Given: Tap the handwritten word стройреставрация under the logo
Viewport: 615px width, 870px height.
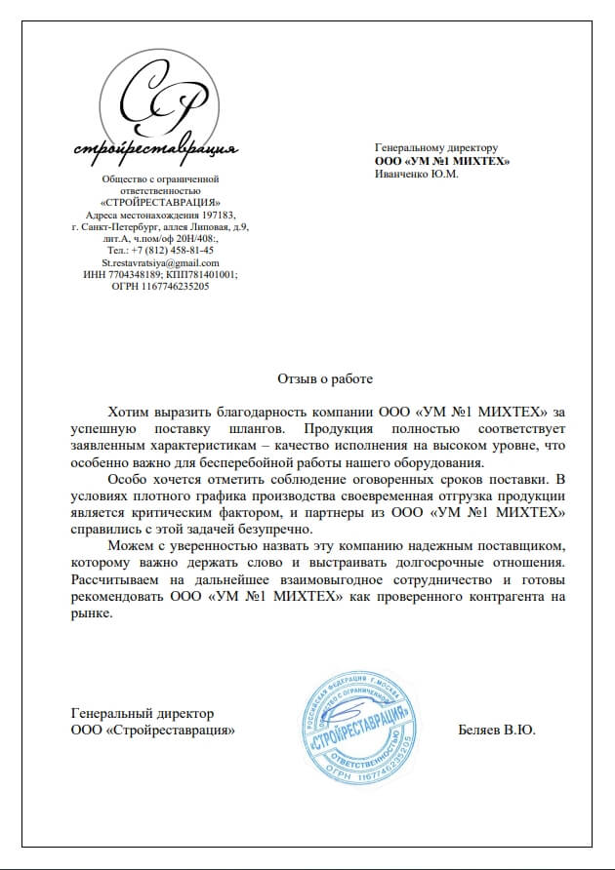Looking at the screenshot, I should [156, 150].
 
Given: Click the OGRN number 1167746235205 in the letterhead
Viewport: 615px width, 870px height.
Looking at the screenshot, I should [176, 287].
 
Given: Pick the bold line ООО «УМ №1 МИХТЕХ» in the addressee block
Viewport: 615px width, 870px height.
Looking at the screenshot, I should [442, 161].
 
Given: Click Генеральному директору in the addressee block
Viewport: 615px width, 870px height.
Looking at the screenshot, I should [436, 148].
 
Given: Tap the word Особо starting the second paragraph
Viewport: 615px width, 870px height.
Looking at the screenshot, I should [128, 478].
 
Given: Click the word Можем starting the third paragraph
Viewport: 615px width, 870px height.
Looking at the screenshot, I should [132, 544].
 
